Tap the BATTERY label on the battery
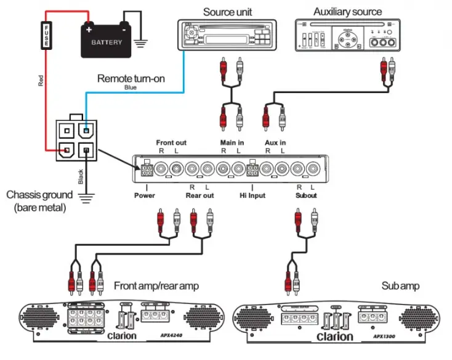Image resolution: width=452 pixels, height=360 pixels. click(x=107, y=43)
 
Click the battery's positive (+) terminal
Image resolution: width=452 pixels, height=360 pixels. click(x=89, y=28)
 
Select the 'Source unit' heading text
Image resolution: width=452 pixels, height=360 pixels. click(x=227, y=12)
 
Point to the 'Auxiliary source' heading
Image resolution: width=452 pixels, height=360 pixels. click(x=347, y=11)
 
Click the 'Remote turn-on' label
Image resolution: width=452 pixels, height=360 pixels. click(x=131, y=79)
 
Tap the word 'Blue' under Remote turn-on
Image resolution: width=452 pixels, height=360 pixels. click(x=131, y=88)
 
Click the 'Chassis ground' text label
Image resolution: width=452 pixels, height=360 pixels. click(x=39, y=195)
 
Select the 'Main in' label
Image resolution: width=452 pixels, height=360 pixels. click(x=232, y=142)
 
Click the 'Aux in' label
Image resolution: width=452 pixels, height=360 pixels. click(x=275, y=142)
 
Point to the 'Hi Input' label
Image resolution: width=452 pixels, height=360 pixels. click(x=252, y=195)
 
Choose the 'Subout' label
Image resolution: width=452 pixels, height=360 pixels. click(x=305, y=195)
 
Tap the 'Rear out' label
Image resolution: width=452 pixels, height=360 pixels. click(x=200, y=195)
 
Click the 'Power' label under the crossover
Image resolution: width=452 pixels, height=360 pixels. click(x=144, y=195)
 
